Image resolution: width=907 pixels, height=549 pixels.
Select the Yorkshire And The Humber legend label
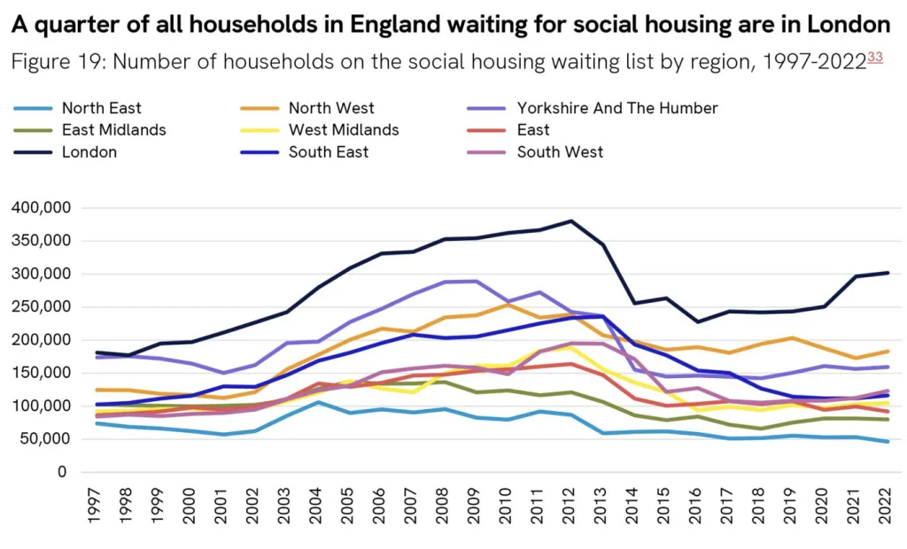tap(616, 109)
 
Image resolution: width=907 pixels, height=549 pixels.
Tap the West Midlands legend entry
tap(343, 130)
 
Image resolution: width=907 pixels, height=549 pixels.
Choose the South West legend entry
tap(560, 152)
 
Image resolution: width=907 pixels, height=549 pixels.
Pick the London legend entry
tap(89, 152)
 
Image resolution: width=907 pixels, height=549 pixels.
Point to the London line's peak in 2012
tap(571, 220)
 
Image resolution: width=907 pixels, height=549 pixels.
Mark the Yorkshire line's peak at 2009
tap(477, 281)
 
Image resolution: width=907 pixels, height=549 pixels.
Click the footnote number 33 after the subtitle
tap(875, 58)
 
